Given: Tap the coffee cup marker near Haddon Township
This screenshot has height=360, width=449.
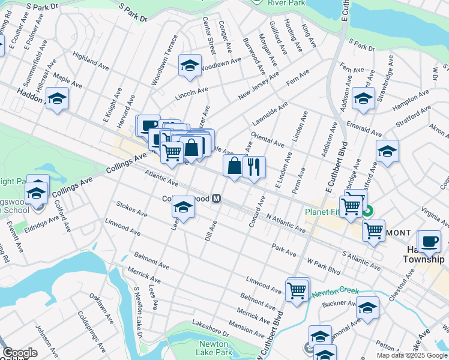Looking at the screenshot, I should [x=429, y=241].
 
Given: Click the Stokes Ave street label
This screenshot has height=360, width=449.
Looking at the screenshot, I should [x=132, y=209].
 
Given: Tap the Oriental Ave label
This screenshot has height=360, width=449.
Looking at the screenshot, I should [x=268, y=140].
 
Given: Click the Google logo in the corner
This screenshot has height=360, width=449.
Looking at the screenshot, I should [x=20, y=352].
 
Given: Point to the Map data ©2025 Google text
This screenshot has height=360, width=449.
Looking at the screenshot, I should [x=412, y=355].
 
